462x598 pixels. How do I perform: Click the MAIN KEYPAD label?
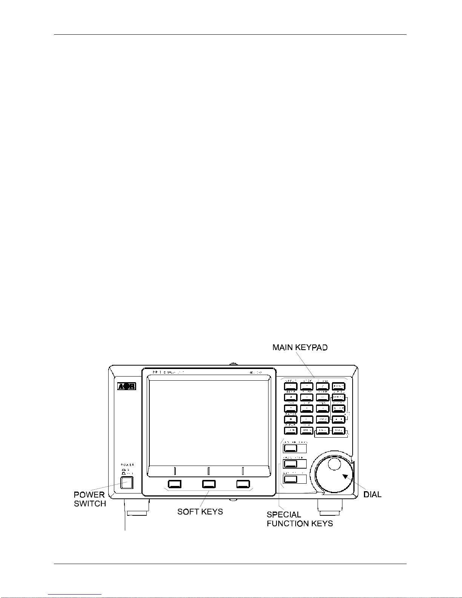(300, 347)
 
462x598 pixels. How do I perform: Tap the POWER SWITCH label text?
(90, 499)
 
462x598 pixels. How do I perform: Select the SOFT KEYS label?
(200, 512)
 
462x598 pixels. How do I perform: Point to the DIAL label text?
(372, 495)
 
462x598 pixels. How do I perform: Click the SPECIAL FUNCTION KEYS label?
(299, 519)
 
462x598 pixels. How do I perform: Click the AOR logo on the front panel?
(126, 386)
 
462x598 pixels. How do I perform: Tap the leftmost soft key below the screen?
(175, 484)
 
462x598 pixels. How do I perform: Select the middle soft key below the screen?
(209, 484)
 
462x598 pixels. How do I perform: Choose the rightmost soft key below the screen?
(243, 484)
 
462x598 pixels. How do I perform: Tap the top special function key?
(290, 448)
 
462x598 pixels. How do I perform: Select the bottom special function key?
(290, 479)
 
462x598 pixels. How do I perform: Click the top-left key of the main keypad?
(291, 386)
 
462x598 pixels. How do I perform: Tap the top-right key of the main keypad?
(339, 386)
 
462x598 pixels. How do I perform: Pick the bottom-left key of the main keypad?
(291, 430)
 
